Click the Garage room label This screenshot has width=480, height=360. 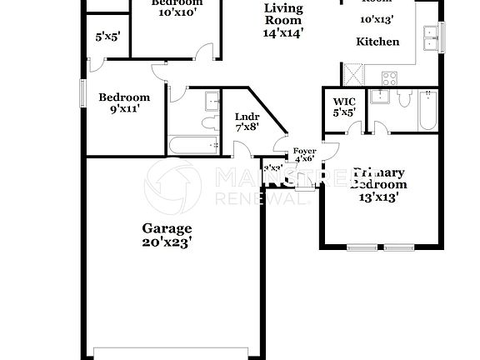pyautogui.click(x=167, y=227)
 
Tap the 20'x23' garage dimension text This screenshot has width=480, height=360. pyautogui.click(x=167, y=242)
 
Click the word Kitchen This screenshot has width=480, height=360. pyautogui.click(x=377, y=42)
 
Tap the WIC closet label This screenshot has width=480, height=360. pyautogui.click(x=344, y=102)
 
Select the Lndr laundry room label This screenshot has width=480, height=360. pyautogui.click(x=247, y=116)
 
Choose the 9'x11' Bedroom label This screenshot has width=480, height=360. pyautogui.click(x=124, y=97)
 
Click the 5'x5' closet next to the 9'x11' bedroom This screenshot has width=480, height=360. pyautogui.click(x=107, y=37)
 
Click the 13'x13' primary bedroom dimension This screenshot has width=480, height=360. pyautogui.click(x=379, y=197)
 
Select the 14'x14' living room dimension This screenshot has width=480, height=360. pyautogui.click(x=283, y=33)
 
